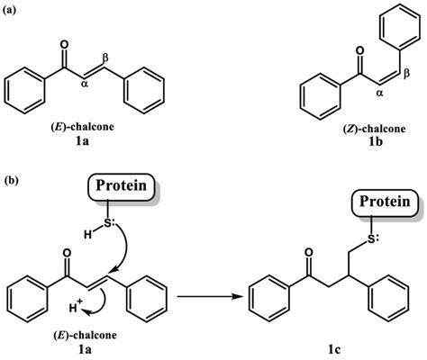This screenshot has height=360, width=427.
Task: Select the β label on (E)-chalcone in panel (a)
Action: [107, 59]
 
